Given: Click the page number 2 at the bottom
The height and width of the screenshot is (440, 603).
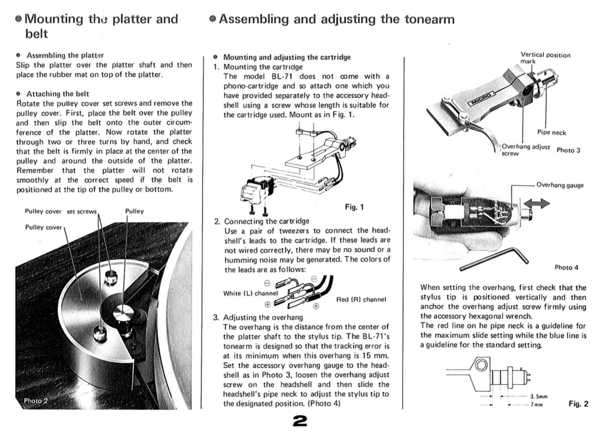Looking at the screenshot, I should [300, 421].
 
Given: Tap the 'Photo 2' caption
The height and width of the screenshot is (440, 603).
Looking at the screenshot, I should [36, 400].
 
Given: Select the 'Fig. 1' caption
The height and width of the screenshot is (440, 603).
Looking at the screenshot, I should [354, 207].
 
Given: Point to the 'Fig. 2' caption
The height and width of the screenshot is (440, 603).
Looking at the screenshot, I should [578, 404].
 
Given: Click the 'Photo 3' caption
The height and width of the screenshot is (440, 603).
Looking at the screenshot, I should [568, 150].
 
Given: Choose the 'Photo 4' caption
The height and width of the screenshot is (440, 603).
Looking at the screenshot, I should [566, 267].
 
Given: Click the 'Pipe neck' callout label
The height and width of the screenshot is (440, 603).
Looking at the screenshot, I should [551, 133].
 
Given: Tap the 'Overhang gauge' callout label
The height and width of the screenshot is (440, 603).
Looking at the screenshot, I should [560, 185].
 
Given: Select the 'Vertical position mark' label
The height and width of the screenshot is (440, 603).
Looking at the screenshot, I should [545, 58].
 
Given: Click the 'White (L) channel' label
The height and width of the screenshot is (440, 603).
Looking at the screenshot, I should [250, 293].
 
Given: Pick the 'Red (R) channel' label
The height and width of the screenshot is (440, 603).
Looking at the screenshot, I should [361, 300].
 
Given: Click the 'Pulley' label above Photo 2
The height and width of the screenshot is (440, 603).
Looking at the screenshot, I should [134, 211].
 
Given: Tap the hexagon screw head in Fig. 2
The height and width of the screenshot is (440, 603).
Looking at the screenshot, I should [481, 365].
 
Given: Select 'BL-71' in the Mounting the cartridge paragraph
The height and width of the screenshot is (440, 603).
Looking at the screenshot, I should [282, 77].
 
